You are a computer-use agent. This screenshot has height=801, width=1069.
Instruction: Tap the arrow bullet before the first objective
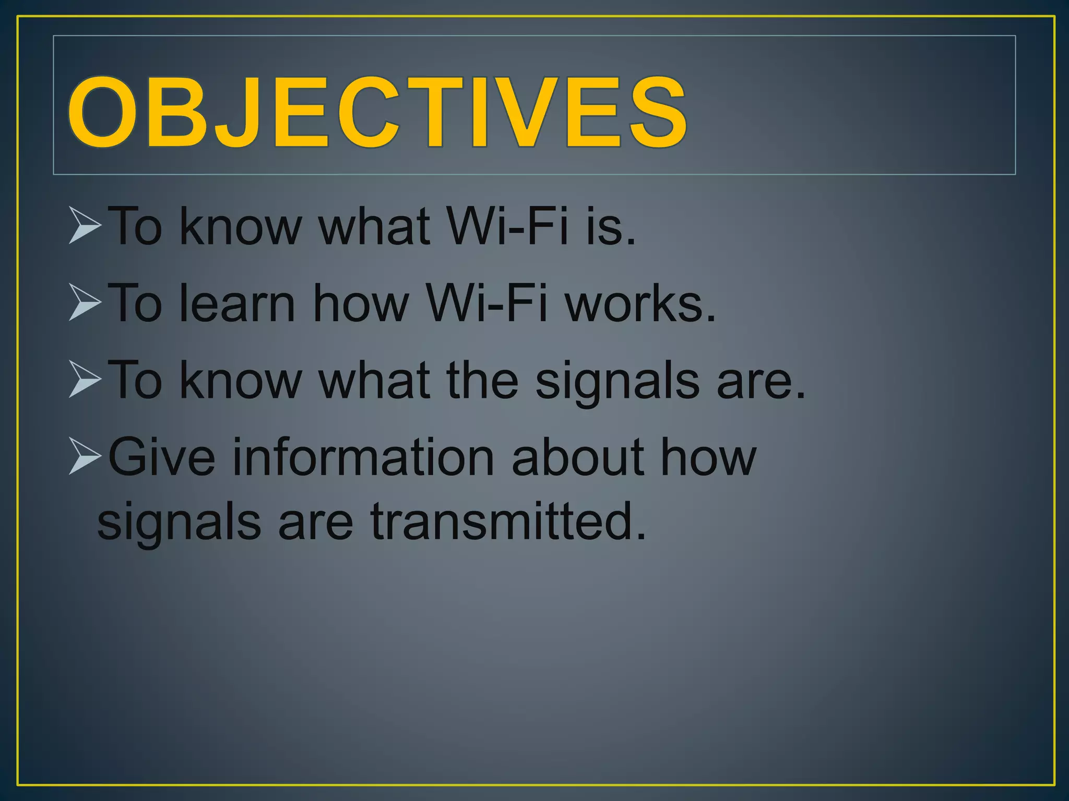coord(84,225)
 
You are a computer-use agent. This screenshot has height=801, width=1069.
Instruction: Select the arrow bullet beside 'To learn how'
coord(84,302)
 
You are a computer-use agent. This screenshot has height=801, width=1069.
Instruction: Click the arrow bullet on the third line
coord(84,379)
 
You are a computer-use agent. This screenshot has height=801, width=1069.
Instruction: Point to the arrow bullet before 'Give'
coord(84,456)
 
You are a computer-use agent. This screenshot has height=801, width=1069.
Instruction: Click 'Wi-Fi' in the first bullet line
coord(506,226)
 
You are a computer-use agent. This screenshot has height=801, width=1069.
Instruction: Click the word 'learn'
coord(237,303)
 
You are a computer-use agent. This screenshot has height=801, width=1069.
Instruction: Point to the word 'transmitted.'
coord(508,521)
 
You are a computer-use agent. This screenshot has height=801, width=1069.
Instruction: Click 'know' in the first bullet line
coord(241,226)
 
